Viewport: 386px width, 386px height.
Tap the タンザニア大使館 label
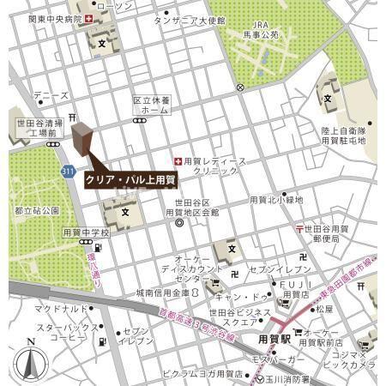click(x=189, y=19)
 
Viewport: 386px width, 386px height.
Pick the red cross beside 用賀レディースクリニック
click(x=178, y=160)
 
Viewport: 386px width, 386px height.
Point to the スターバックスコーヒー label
click(x=62, y=332)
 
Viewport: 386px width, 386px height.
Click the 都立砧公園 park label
click(x=37, y=210)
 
